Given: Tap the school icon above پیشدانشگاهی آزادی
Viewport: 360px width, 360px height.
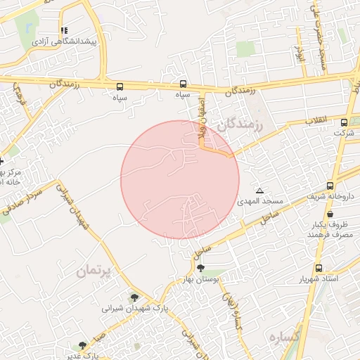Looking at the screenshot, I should click(65, 30).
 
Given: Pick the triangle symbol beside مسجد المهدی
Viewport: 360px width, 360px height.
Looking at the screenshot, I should click(261, 191).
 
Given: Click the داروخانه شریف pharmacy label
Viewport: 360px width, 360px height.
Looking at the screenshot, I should click(330, 196).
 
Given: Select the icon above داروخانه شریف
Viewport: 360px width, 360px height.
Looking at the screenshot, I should click(330, 186).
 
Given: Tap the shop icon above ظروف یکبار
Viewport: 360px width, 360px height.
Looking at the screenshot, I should click(330, 214).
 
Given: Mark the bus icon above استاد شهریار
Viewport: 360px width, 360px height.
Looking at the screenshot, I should click(319, 268).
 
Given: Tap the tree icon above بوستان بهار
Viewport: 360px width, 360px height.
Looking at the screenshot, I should click(201, 268).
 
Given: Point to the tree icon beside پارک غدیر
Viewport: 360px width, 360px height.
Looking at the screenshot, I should click(83, 345).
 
